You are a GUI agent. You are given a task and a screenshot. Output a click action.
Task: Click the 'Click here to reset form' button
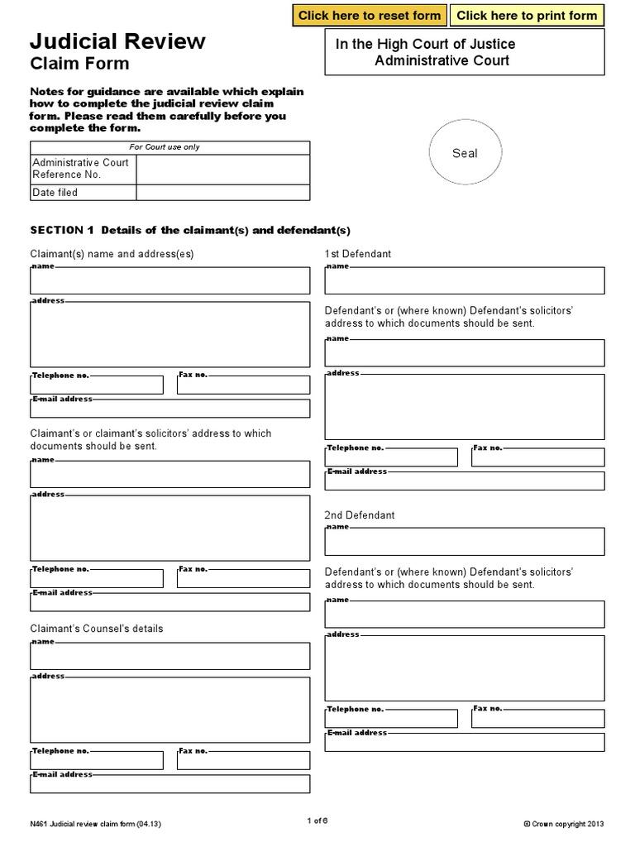[370, 15]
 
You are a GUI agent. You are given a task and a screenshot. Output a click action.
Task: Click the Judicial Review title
[118, 41]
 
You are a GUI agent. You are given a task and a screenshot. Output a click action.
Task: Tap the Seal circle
[465, 153]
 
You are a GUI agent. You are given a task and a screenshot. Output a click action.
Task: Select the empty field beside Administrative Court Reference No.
[222, 170]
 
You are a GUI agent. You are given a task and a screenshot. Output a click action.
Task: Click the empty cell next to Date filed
[222, 193]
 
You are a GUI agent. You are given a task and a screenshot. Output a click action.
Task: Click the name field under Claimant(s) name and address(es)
[170, 282]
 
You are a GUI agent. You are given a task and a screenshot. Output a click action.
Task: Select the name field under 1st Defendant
[464, 282]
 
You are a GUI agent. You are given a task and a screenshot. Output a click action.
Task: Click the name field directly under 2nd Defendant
[464, 543]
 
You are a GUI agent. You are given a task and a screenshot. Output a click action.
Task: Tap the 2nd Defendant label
[360, 515]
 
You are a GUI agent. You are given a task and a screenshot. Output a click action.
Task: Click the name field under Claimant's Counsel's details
[170, 657]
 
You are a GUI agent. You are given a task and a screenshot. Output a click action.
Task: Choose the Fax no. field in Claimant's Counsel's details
[243, 761]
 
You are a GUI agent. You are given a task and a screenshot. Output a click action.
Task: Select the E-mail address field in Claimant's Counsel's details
[170, 784]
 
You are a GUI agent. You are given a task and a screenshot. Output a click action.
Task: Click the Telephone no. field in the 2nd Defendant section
[391, 719]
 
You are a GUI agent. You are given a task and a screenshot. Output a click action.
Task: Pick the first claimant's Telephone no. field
[97, 385]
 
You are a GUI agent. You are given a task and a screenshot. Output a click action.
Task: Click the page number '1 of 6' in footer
[317, 821]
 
